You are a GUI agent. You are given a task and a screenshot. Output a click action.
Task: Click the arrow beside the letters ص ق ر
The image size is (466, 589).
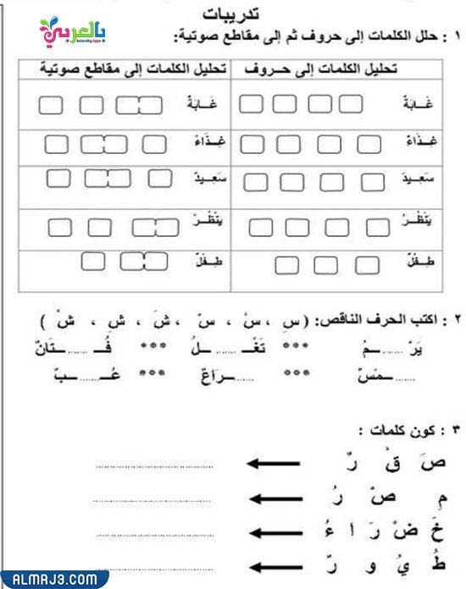coord(272,464)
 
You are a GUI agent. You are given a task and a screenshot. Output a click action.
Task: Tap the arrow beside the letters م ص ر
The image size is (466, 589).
coord(272,500)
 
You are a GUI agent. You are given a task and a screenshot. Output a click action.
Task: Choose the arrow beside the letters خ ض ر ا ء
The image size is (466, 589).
coord(272,535)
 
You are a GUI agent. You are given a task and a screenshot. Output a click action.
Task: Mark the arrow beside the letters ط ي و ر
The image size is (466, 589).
coord(272,569)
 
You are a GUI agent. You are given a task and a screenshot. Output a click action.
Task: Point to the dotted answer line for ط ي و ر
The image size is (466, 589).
coord(153,570)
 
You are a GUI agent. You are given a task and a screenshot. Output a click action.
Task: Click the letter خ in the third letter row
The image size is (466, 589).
coord(436,531)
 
